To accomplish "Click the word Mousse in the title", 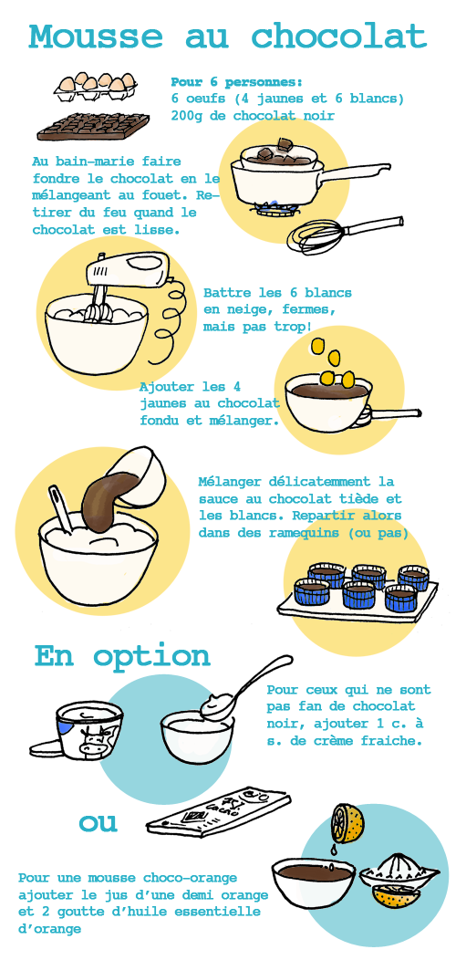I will click(x=96, y=37).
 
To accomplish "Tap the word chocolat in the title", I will click(x=339, y=37).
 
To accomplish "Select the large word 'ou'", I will click(x=98, y=823).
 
